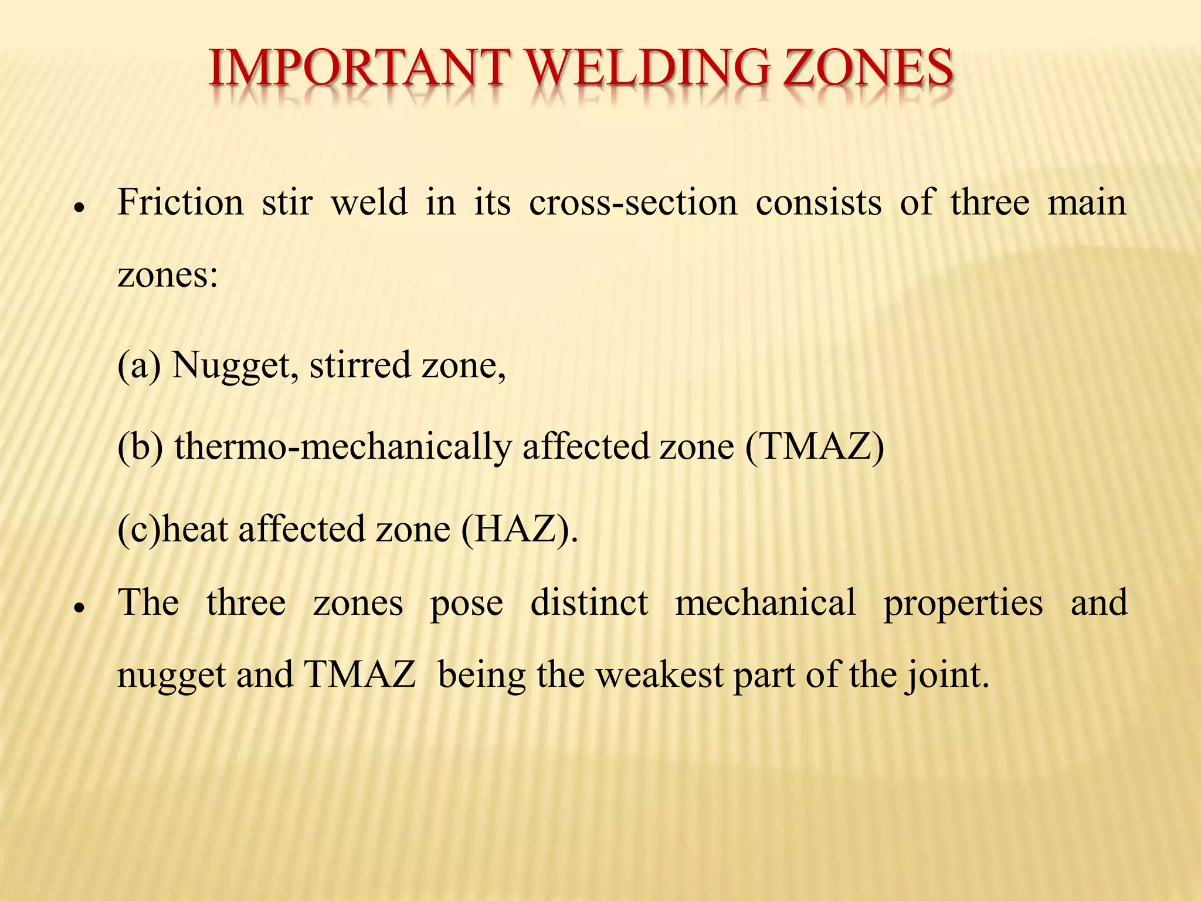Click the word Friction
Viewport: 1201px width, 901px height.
point(180,203)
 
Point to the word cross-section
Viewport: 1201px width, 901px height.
point(633,203)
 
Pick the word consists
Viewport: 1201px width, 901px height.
point(819,203)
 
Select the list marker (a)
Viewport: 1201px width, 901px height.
point(139,365)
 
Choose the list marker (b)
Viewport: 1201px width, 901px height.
point(140,447)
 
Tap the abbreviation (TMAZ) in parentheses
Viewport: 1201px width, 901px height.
point(815,447)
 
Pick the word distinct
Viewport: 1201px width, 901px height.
point(589,603)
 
